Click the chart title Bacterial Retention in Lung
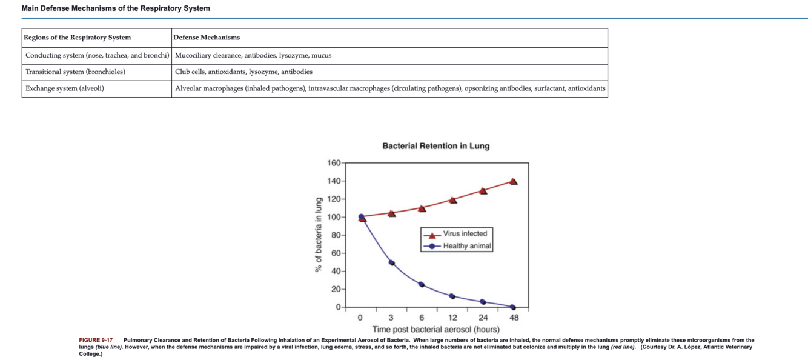(x=435, y=146)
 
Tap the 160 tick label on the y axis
(x=334, y=163)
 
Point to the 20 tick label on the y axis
(x=336, y=289)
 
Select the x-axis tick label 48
(x=514, y=317)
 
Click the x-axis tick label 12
(x=452, y=317)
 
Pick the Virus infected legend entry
(x=465, y=233)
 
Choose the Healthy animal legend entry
(x=467, y=246)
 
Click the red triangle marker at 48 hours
(x=514, y=181)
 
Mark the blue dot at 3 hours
(x=391, y=263)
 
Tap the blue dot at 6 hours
(x=422, y=285)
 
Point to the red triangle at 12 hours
(x=452, y=199)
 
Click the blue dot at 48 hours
(x=513, y=307)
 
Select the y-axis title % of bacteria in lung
(x=317, y=235)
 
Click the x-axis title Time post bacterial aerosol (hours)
(x=435, y=329)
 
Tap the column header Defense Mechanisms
(x=207, y=38)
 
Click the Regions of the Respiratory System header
(x=78, y=38)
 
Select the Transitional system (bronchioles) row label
(x=76, y=72)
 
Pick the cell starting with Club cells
(x=243, y=72)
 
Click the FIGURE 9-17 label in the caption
(x=96, y=341)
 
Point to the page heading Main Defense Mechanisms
(x=116, y=8)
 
